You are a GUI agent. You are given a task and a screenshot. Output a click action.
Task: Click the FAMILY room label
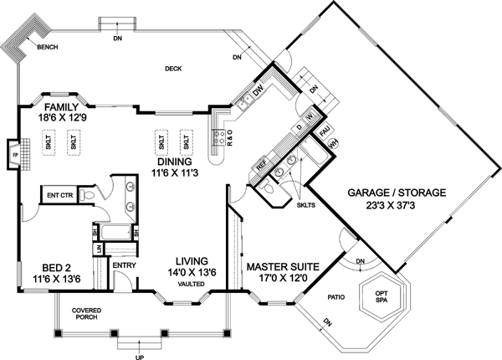[x=61, y=106]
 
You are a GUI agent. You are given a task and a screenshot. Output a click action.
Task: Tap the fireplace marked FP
[x=14, y=155]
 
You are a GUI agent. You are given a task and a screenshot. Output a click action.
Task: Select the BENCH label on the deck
[x=48, y=47]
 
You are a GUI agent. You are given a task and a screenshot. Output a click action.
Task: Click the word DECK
[x=173, y=69]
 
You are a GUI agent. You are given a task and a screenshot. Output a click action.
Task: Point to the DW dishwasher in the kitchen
[x=259, y=91]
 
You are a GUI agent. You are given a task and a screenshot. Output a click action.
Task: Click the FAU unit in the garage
[x=324, y=131]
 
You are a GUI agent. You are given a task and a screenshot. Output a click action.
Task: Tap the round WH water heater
[x=333, y=144]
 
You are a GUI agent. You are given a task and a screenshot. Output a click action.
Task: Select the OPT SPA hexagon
[x=382, y=296]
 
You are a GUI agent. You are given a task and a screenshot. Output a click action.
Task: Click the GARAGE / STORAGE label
[x=397, y=193]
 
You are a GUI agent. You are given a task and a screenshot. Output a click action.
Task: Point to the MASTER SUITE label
[x=283, y=266]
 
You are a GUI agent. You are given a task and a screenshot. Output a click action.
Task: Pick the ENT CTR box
[x=59, y=195]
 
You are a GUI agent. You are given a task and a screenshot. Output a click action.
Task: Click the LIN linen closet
[x=98, y=249]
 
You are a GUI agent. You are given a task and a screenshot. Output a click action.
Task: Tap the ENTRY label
[x=124, y=265]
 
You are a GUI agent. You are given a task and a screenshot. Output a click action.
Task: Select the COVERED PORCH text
[x=86, y=314]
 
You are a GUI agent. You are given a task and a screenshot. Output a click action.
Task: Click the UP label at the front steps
[x=140, y=357]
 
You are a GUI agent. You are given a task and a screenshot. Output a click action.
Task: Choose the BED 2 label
[x=57, y=267]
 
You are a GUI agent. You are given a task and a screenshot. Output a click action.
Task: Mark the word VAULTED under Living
[x=192, y=284]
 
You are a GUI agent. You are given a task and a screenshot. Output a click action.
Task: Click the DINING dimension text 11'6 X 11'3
[x=175, y=173]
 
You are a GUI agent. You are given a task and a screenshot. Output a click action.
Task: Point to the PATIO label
[x=336, y=297]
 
